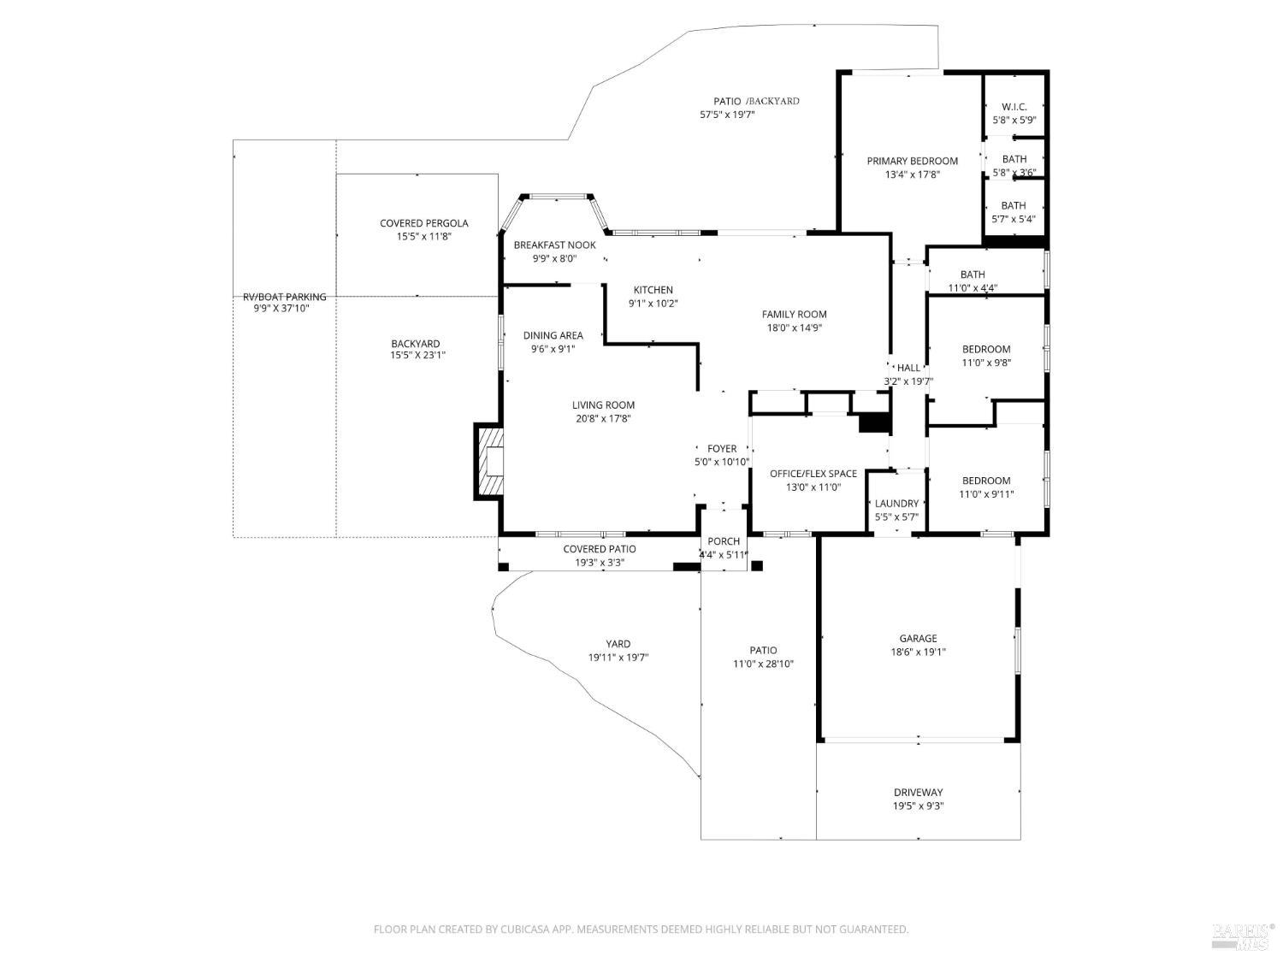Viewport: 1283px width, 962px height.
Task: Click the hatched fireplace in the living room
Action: [x=491, y=462]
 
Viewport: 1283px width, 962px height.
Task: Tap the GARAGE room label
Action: [x=918, y=639]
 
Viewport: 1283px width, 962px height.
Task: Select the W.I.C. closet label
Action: [x=1014, y=107]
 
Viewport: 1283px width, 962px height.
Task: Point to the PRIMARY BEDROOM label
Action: [x=912, y=161]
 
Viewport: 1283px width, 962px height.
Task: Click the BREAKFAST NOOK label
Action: [x=554, y=245]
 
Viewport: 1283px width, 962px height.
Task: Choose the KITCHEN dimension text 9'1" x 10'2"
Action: [x=653, y=304]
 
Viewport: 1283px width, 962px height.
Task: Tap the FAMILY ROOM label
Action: [x=794, y=315]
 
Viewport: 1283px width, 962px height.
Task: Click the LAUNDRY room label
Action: [x=896, y=504]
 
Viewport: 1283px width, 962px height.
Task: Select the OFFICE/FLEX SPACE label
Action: [x=813, y=474]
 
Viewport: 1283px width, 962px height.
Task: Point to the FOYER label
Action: [x=722, y=449]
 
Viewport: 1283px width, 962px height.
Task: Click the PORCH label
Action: [x=724, y=541]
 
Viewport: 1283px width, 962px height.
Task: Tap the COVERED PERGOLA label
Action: [x=423, y=224]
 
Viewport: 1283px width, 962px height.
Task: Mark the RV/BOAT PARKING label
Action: [x=284, y=297]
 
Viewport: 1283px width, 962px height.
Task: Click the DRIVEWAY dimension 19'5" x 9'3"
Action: [x=918, y=806]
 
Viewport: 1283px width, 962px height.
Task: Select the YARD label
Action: [x=618, y=644]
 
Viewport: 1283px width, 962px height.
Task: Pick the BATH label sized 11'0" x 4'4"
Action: [x=973, y=274]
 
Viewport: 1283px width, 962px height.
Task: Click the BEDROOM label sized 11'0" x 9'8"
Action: [x=986, y=349]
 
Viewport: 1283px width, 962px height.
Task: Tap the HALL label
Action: [x=908, y=368]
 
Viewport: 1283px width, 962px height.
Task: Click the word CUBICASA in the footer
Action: [x=525, y=930]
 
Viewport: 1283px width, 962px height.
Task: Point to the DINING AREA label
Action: [x=553, y=335]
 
